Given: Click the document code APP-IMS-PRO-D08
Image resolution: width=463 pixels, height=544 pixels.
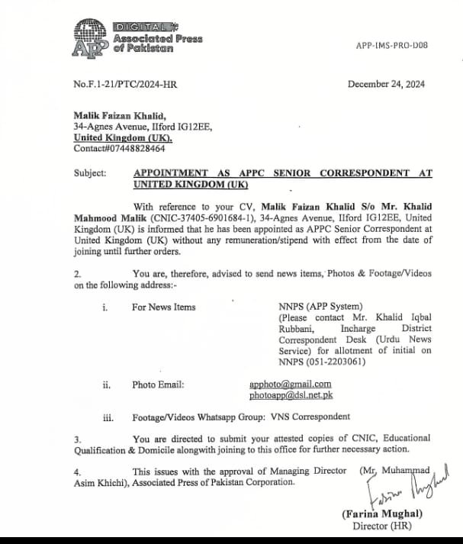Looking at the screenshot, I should click(391, 46).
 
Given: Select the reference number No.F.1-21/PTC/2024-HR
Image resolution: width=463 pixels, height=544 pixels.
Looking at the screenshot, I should click(126, 85).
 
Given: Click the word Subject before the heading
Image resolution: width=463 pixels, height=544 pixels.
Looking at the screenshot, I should click(91, 173).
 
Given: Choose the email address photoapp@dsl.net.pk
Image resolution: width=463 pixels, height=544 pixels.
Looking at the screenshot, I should click(291, 395).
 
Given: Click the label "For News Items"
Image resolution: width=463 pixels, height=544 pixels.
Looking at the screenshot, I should click(163, 307).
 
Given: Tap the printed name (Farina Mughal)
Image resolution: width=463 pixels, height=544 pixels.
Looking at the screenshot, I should click(382, 514).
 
